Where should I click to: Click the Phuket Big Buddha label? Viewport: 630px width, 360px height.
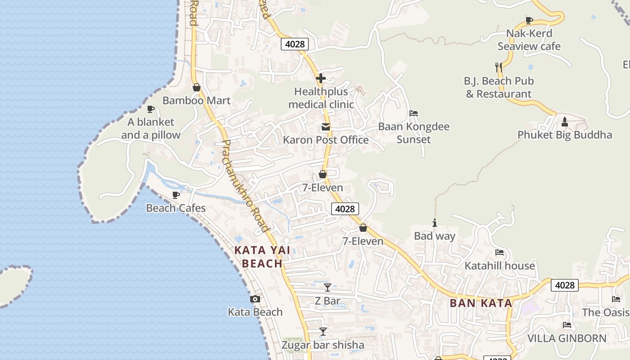tap(564, 135)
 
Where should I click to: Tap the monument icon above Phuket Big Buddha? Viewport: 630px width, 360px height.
tap(565, 121)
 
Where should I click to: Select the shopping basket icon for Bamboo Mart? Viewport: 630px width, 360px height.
tap(196, 87)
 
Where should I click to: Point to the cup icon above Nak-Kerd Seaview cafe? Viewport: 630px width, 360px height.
tap(529, 20)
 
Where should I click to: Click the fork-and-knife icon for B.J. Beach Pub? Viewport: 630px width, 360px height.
tap(499, 67)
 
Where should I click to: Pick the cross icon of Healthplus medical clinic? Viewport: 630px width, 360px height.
tap(321, 79)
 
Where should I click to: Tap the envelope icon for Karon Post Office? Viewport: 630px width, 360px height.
tap(325, 127)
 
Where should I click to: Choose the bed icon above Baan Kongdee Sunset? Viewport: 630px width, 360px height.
tap(414, 113)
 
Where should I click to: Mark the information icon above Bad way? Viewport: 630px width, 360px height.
tap(434, 223)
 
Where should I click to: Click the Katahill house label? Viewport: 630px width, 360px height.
tap(499, 265)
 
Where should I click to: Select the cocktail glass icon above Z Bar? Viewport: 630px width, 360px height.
tap(328, 287)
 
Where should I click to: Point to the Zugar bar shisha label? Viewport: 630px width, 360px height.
tap(323, 345)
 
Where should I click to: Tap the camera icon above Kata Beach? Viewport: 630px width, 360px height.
tap(255, 299)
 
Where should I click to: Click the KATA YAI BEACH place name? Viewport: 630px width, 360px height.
tap(262, 256)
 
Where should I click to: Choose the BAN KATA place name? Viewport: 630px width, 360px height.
tap(481, 303)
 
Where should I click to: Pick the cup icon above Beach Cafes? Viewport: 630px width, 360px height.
tap(176, 195)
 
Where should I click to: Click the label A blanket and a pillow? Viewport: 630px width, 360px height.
tap(151, 128)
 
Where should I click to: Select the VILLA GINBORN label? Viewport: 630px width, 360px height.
tap(567, 338)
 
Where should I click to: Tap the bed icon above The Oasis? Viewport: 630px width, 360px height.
tap(616, 299)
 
